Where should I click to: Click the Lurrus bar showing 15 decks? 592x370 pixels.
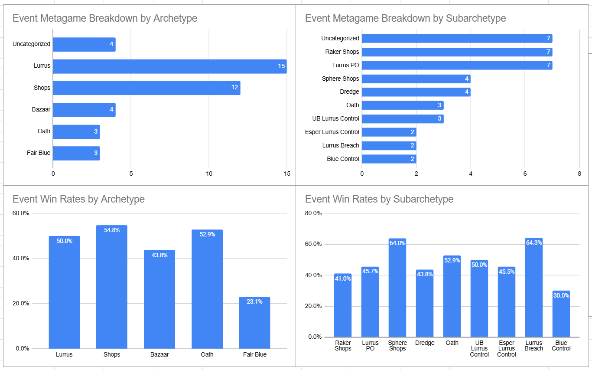pyautogui.click(x=169, y=66)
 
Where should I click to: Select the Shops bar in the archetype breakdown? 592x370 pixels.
pyautogui.click(x=146, y=88)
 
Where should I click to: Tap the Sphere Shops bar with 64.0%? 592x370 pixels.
pyautogui.click(x=397, y=288)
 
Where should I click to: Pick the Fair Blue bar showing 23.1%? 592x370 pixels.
pyautogui.click(x=254, y=323)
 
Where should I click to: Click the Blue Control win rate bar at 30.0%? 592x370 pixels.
pyautogui.click(x=561, y=314)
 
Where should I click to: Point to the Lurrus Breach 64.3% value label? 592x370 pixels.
pyautogui.click(x=533, y=242)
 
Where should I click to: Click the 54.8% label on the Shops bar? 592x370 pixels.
pyautogui.click(x=112, y=230)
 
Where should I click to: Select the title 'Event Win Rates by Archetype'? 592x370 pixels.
pyautogui.click(x=78, y=199)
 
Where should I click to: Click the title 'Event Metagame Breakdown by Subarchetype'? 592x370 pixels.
pyautogui.click(x=405, y=18)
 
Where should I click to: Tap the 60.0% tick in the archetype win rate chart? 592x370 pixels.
pyautogui.click(x=21, y=213)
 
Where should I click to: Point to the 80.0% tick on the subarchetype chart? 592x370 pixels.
pyautogui.click(x=314, y=213)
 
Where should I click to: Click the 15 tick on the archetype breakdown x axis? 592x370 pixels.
pyautogui.click(x=286, y=174)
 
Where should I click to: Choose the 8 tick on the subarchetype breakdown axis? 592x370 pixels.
pyautogui.click(x=579, y=174)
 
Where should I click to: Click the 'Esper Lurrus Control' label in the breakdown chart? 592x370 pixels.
pyautogui.click(x=332, y=132)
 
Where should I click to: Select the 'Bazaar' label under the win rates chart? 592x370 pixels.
pyautogui.click(x=159, y=354)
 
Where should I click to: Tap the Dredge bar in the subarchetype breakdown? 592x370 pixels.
pyautogui.click(x=416, y=92)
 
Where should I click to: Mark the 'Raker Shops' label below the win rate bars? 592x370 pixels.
pyautogui.click(x=343, y=346)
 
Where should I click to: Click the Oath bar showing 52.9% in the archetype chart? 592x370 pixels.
pyautogui.click(x=207, y=289)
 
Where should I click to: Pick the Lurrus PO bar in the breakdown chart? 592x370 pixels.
pyautogui.click(x=457, y=65)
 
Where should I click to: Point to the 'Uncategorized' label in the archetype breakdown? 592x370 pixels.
pyautogui.click(x=31, y=44)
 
